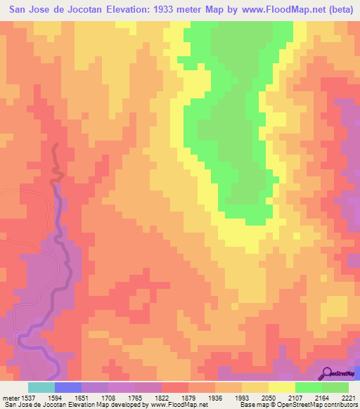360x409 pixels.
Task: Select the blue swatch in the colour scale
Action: (x=67, y=387)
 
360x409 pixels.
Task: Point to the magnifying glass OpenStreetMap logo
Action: (x=326, y=372)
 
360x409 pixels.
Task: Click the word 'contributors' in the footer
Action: (x=337, y=404)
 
